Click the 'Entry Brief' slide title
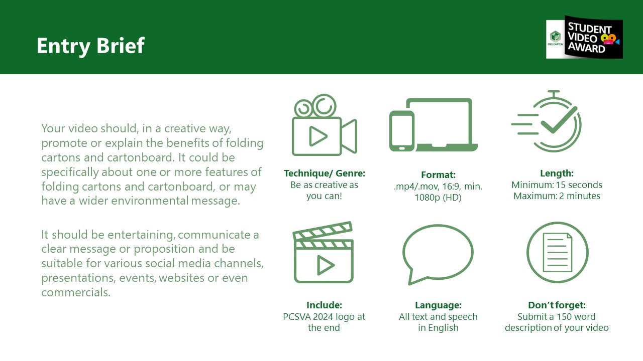91,46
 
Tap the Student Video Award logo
584,37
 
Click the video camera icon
325,125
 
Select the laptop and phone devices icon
434,125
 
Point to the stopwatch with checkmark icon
547,121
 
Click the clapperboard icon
324,252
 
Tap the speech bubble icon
438,254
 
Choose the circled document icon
558,252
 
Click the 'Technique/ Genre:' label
325,173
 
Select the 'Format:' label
438,175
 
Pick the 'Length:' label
557,173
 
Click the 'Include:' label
324,305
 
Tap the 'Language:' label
438,305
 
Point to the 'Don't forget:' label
557,305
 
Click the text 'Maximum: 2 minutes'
557,196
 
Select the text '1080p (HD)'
438,198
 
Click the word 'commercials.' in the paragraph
76,292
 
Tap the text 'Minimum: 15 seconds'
557,185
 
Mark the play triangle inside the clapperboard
325,265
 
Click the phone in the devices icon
402,131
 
